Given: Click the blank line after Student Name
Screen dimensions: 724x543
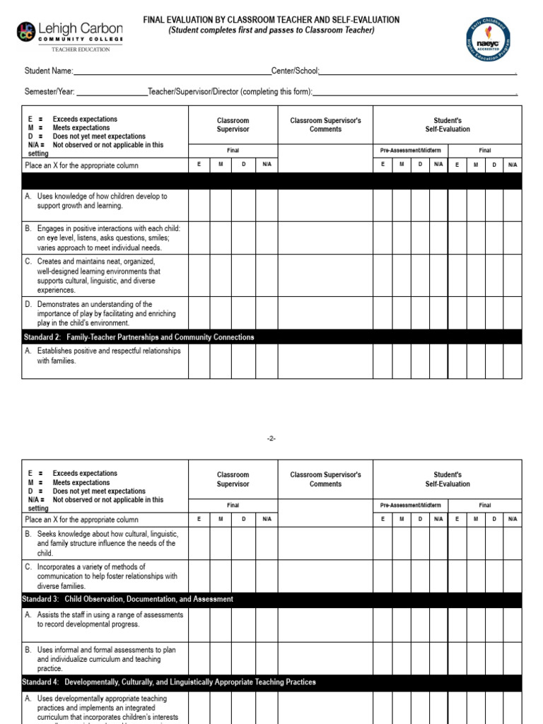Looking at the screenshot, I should point(172,71).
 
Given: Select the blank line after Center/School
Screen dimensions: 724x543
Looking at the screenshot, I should point(417,71).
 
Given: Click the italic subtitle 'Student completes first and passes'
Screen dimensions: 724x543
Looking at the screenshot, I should point(271,30).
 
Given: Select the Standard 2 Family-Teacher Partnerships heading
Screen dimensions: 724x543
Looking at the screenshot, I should point(139,337).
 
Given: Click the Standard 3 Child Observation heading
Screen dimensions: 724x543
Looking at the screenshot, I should point(128,599).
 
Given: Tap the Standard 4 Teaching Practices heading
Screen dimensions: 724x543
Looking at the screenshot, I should point(170,682).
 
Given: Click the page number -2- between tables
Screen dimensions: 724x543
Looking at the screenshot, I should point(271,438).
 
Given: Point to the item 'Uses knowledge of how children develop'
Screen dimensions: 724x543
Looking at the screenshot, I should point(102,201).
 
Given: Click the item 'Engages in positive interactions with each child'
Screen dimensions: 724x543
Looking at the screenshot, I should point(102,238).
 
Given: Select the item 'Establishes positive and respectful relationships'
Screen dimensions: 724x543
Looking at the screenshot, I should point(102,356).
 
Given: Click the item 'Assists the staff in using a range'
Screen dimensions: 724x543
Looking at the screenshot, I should point(102,619).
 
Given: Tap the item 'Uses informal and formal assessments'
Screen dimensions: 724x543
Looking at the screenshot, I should point(102,659).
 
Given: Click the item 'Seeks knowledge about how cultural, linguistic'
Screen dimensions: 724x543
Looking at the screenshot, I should point(102,543).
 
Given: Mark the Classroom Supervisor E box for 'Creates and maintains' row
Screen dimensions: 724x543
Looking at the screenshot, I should point(199,275).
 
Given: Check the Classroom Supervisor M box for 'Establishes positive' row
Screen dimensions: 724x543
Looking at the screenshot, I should point(221,361).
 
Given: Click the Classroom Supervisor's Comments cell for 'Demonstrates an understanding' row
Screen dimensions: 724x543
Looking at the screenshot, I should point(325,313).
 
